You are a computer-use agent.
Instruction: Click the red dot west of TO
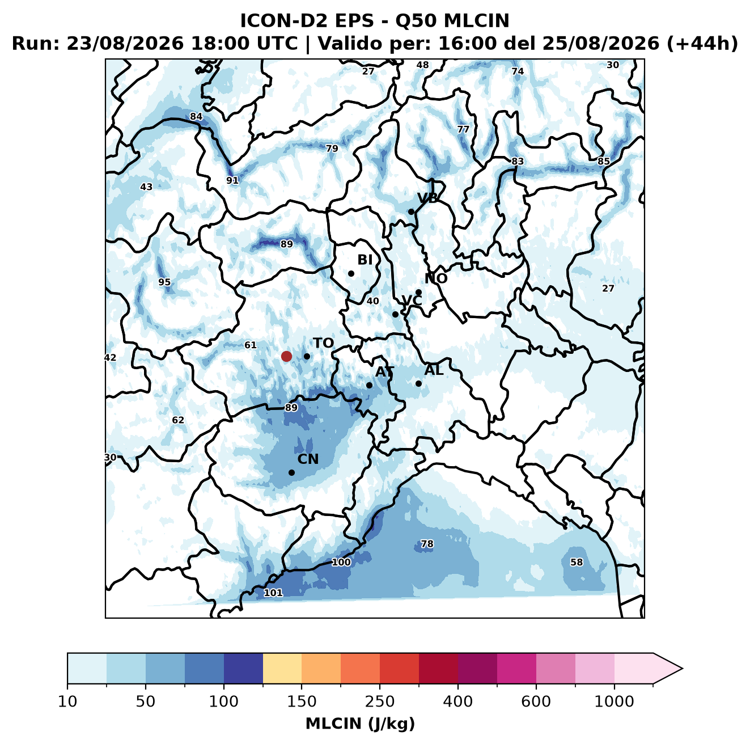coord(286,356)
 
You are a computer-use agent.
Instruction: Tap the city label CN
coord(308,459)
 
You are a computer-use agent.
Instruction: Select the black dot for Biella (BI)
coord(351,274)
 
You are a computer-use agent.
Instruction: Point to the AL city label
coord(434,370)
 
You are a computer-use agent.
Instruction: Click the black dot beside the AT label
coord(369,386)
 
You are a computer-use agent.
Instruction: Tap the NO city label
coord(436,278)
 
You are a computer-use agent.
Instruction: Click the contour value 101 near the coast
coord(273,593)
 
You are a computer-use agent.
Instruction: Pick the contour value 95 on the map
coord(164,282)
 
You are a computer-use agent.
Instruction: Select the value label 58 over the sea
coord(577,562)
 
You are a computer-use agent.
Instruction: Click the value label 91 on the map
coord(232,180)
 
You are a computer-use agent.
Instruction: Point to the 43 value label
coord(146,187)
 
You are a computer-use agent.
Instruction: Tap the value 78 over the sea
coord(427,544)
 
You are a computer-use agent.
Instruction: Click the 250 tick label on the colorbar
coord(379,702)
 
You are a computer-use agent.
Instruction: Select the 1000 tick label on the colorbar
coord(614,702)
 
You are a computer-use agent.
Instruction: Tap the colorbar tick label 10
coord(67,702)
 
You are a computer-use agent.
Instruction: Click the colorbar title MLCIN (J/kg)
coord(361,724)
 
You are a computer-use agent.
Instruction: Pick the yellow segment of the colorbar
coord(282,669)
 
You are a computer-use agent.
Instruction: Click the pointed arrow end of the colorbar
coord(682,669)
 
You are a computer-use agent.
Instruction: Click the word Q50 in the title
coord(416,21)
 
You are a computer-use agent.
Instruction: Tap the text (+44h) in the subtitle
coord(702,44)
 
